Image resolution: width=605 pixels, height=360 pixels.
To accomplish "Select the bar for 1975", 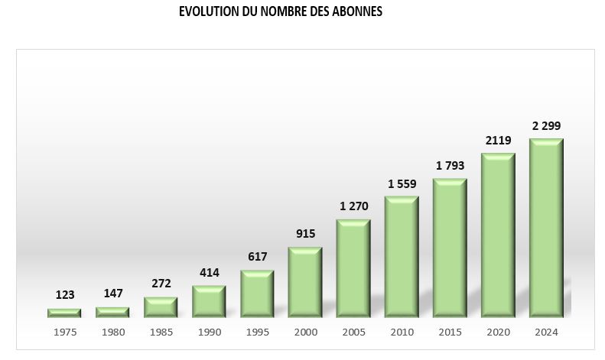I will [64, 313].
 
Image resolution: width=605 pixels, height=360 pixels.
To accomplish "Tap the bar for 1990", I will [209, 301].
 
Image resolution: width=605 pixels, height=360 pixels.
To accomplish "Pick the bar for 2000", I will [305, 282].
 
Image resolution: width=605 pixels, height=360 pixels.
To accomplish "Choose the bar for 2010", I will [402, 257].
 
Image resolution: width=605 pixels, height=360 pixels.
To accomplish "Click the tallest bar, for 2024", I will [546, 228].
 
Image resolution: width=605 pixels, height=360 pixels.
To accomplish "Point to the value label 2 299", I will [546, 126].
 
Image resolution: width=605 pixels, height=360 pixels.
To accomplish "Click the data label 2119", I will [498, 140].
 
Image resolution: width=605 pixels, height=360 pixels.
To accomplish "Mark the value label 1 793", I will [450, 166].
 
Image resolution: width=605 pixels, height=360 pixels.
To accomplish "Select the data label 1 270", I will [353, 206].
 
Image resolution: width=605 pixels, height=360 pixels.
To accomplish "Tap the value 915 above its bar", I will [305, 234].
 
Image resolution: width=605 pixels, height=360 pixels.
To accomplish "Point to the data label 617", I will [257, 257].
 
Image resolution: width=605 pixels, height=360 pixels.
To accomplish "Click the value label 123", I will [64, 295].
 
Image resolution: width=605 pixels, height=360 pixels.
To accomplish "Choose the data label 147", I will [112, 294].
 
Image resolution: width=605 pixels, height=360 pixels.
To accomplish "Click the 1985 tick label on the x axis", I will [161, 332].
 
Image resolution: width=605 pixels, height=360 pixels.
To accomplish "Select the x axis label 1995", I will [257, 332].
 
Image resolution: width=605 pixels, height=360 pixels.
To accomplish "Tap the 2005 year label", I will [353, 332].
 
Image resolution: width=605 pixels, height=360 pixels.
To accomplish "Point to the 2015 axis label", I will [450, 332].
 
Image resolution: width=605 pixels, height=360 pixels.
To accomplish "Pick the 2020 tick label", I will [498, 332].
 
